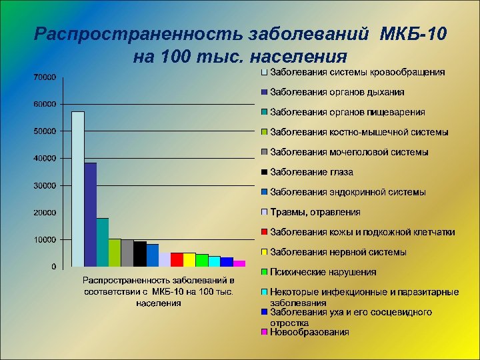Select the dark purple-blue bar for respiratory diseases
tap(91, 215)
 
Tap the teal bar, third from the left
tap(103, 242)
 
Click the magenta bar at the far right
tap(239, 263)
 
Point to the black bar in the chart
tap(140, 254)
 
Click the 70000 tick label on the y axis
tap(45, 77)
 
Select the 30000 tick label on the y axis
tap(45, 185)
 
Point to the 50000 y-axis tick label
tap(45, 131)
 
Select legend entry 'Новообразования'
tap(309, 331)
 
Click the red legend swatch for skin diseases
tap(265, 233)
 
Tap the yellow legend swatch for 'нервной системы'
tap(265, 253)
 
